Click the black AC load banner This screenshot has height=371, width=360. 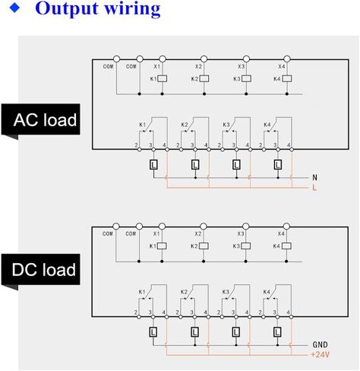tap(40, 119)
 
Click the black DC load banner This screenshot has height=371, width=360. tap(40, 269)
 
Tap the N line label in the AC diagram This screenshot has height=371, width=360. tap(314, 178)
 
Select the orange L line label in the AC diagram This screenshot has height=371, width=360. tap(314, 188)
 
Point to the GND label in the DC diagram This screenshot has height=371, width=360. tap(320, 344)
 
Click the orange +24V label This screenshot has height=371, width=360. tap(320, 354)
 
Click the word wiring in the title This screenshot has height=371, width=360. tap(132, 9)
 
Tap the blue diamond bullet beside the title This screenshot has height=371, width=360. tap(14, 8)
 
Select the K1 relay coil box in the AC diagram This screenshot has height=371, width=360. tap(163, 78)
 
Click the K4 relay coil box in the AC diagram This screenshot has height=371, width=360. tap(287, 78)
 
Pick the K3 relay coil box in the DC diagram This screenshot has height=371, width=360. tap(245, 246)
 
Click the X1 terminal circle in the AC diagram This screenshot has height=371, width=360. tap(163, 59)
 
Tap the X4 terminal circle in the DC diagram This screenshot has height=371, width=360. tap(286, 227)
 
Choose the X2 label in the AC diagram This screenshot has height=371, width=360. tap(198, 67)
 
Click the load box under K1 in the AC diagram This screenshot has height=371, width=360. tap(153, 165)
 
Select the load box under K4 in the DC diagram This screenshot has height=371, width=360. tap(277, 332)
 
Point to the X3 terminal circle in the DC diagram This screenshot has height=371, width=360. tap(245, 227)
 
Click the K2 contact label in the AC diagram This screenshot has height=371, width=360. tap(185, 125)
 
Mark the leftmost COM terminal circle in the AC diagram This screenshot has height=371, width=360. tap(116, 59)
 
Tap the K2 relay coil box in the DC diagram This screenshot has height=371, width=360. tap(204, 246)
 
